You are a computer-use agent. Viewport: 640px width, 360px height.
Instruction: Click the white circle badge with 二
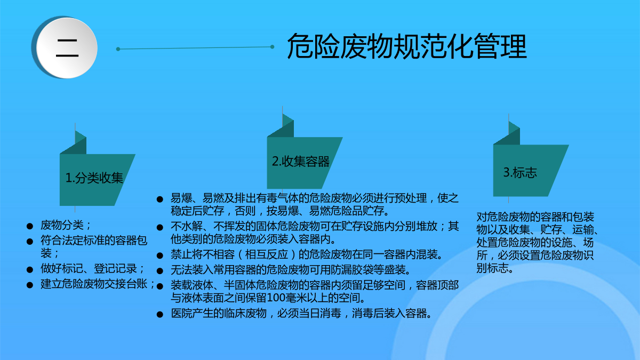pos(67,48)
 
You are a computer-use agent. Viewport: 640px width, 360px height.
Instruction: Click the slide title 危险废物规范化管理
pos(406,46)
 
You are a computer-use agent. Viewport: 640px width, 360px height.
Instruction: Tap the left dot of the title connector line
pos(118,49)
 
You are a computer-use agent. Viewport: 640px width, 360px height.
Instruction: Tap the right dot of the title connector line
pos(273,47)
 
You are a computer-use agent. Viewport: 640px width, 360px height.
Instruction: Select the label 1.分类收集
pos(94,178)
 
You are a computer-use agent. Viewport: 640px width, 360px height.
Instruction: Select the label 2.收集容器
pos(301,162)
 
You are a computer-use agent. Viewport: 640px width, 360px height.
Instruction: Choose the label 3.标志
pos(520,173)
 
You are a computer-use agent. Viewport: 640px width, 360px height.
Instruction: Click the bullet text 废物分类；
pos(66,225)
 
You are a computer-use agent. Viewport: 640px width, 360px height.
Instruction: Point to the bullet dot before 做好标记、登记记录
pos(30,269)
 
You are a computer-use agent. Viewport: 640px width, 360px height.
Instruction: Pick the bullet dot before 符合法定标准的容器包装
pos(30,242)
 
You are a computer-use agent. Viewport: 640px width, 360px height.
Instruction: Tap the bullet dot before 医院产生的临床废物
pos(160,315)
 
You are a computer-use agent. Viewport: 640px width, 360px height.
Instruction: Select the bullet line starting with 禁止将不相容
pos(306,254)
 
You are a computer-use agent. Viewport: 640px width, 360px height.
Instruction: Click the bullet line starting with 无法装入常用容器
pos(291,269)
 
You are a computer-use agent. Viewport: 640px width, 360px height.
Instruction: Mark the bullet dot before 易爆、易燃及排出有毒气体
pos(160,199)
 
